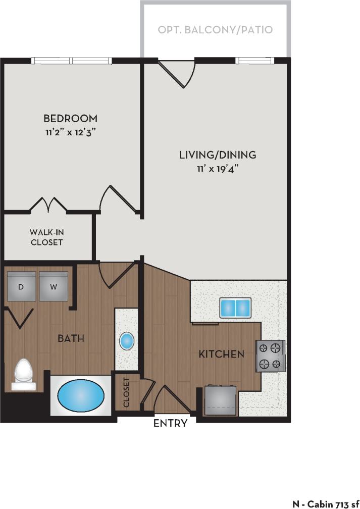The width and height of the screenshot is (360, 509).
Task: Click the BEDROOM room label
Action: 70,119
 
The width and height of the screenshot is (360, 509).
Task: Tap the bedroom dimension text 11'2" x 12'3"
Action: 70,133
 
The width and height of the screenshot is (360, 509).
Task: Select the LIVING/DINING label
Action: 218,155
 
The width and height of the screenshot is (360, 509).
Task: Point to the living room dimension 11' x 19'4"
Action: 218,169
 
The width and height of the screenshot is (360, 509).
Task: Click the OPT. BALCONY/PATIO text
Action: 215,30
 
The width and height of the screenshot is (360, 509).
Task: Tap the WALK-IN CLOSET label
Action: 46,237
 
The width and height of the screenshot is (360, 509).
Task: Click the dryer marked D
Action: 21,287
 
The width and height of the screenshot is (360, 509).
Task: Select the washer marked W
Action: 54,287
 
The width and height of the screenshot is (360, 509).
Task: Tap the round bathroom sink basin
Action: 127,341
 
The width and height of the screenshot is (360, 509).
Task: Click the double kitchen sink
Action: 235,307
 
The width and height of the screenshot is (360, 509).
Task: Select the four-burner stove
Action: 270,356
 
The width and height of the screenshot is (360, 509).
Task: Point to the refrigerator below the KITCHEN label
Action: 221,399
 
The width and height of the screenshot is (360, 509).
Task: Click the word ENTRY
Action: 171,423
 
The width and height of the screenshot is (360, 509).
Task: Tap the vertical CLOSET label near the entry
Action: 126,392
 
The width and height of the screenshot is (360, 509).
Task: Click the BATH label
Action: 71,338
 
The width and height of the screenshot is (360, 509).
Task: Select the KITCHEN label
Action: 221,354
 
